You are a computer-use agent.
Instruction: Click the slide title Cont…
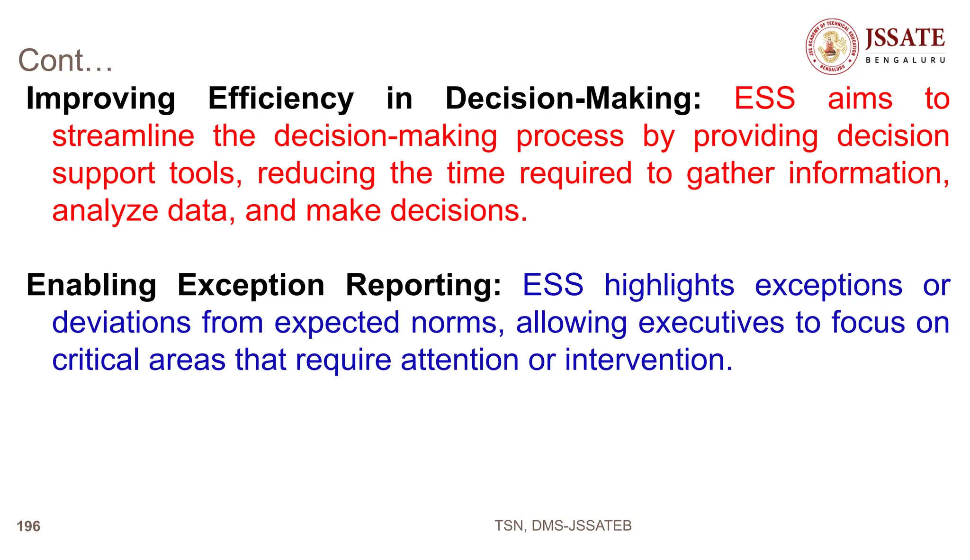coord(65,61)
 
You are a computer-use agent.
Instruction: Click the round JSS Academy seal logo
coord(832,46)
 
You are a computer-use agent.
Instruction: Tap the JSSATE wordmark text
coord(905,38)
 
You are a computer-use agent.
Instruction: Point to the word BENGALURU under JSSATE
coord(905,60)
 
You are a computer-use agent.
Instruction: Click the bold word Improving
coord(100,99)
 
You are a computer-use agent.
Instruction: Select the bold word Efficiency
coord(281,99)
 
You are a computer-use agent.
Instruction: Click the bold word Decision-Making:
coord(573,99)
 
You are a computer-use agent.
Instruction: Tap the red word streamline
coord(123,136)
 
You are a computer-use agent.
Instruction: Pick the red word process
coord(570,136)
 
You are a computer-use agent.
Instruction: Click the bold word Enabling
coord(91,285)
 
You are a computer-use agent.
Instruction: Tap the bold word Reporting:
coord(423,285)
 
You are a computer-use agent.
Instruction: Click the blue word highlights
coord(669,285)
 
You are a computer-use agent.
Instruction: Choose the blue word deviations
coord(121,323)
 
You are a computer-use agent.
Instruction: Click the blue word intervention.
coord(648,360)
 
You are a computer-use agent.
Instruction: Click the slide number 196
coord(28,526)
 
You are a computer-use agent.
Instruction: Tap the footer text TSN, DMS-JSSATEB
coord(563,526)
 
